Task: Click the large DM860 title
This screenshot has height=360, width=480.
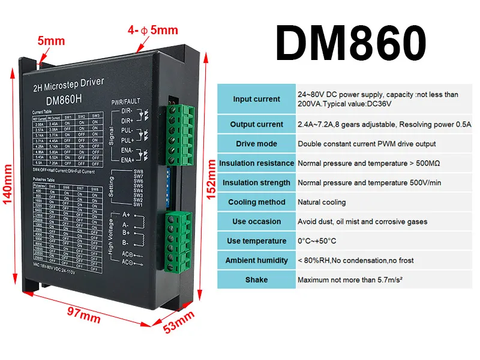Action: pyautogui.click(x=351, y=42)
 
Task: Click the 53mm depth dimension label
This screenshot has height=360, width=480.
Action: pyautogui.click(x=179, y=323)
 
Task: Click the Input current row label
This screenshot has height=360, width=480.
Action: pyautogui.click(x=256, y=99)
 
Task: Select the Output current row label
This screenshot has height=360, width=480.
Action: pyautogui.click(x=256, y=125)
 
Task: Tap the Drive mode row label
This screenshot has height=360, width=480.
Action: pyautogui.click(x=256, y=144)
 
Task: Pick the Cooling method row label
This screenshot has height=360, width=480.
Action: pyautogui.click(x=256, y=202)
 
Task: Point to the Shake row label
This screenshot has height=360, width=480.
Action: pyautogui.click(x=256, y=280)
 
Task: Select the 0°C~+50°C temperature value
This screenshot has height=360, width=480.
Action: pyautogui.click(x=317, y=241)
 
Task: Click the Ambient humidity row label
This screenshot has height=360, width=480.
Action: pyautogui.click(x=256, y=260)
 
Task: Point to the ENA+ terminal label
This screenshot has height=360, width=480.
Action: pyautogui.click(x=128, y=160)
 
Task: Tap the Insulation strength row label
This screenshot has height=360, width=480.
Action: pyautogui.click(x=256, y=183)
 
